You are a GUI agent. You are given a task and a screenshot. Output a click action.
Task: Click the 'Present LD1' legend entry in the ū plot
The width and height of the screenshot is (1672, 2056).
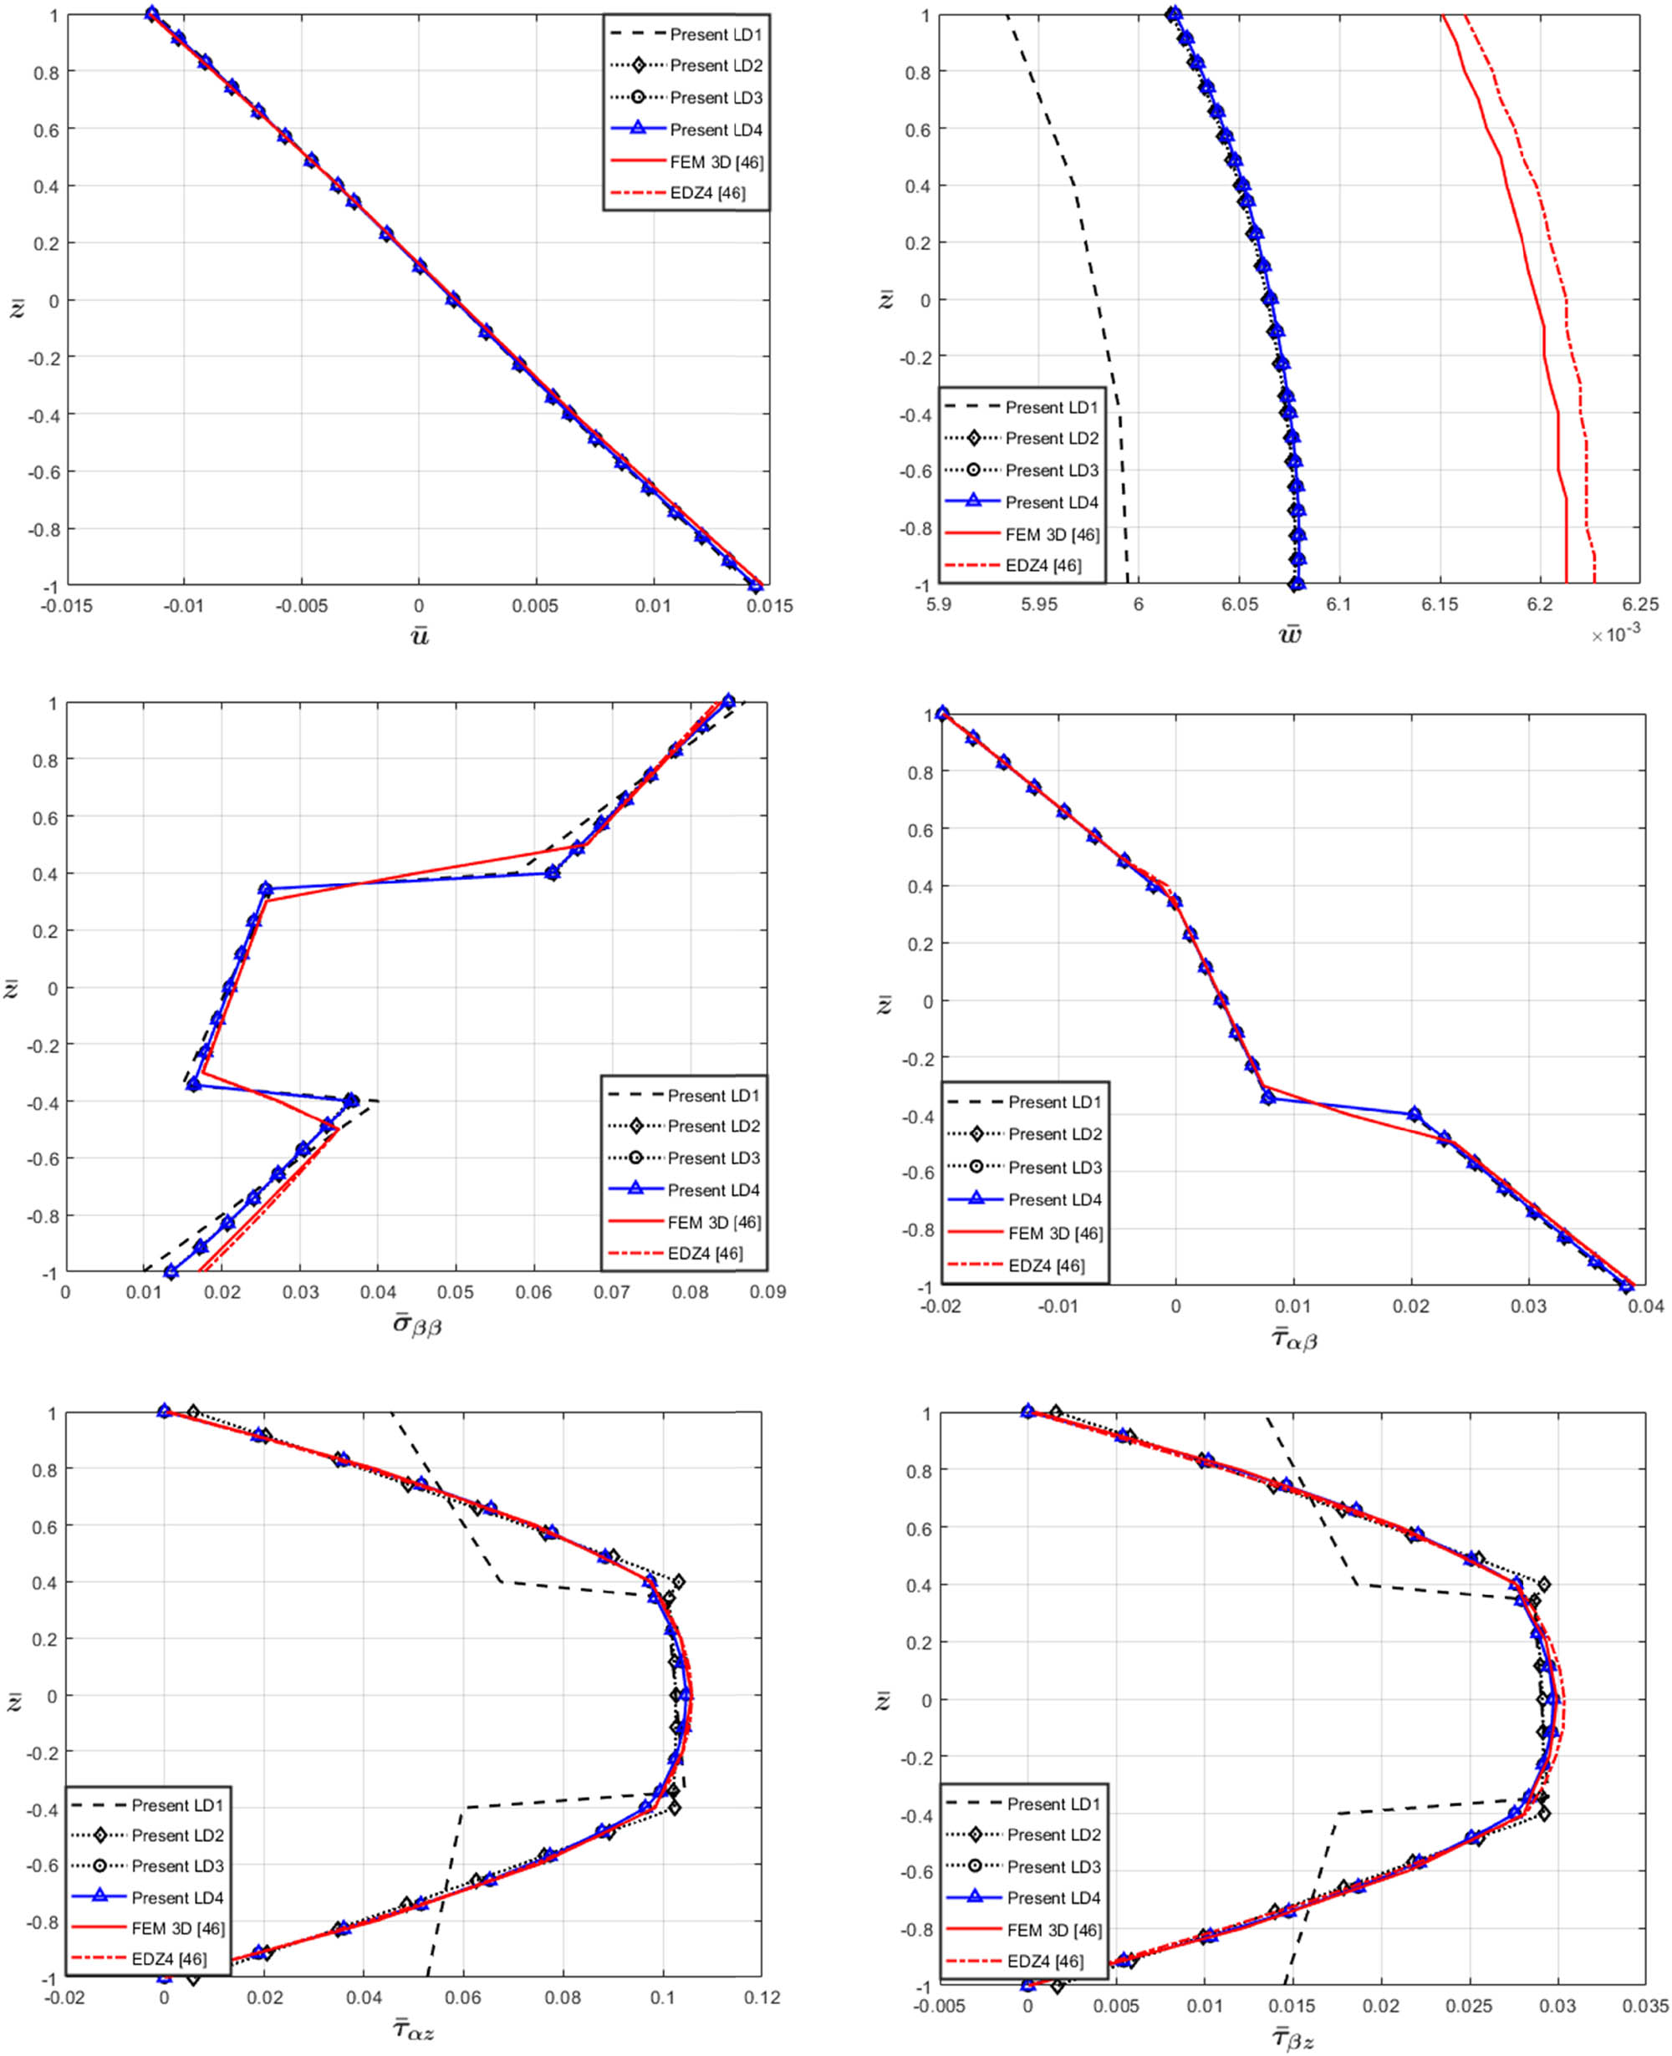715,34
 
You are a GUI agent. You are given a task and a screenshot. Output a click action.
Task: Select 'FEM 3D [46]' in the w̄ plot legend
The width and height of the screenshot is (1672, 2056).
1052,534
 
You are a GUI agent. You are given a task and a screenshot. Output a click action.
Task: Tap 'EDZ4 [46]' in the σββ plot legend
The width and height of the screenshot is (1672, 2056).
704,1254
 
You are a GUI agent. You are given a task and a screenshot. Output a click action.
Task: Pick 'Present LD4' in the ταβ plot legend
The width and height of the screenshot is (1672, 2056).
1053,1200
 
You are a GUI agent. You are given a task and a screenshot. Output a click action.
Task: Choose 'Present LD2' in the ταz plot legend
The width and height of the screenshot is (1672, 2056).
177,1835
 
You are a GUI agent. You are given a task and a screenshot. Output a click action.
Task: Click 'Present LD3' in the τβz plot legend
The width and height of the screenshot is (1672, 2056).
1053,1866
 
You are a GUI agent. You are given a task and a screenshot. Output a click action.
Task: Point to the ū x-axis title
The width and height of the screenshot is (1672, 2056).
419,637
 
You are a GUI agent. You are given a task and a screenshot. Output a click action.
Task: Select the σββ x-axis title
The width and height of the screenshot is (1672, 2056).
416,1324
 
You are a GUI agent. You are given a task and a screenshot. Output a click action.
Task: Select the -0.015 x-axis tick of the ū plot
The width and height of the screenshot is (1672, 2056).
66,607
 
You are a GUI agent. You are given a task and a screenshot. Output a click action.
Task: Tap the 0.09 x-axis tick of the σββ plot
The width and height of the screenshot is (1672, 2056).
767,1292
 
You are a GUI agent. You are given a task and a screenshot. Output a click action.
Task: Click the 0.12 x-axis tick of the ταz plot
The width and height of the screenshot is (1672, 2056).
762,1998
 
